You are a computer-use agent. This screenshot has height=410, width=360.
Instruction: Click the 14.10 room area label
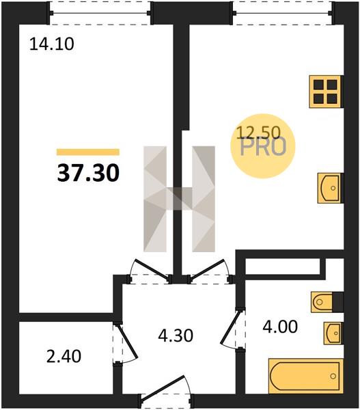tap(52, 44)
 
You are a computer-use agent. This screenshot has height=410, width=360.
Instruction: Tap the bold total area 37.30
tap(88, 174)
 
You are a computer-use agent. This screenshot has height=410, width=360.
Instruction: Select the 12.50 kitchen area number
tap(258, 133)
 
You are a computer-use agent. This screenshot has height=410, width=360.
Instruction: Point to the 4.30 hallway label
tap(176, 336)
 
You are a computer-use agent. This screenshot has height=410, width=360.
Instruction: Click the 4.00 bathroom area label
tap(280, 327)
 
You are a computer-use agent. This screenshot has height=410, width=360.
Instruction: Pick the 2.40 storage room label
tap(64, 357)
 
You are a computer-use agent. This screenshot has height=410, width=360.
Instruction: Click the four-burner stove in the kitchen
tap(325, 92)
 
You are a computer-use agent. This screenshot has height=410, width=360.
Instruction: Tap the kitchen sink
tap(329, 188)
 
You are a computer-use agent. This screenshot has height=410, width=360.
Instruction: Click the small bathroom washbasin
tap(333, 333)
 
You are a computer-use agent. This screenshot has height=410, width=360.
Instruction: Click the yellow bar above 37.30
tap(88, 152)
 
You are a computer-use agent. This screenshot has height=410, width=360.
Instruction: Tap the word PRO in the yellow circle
tap(263, 148)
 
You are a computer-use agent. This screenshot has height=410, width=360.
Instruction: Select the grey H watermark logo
tap(180, 199)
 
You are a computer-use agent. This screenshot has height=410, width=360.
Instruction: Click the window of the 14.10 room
tap(100, 13)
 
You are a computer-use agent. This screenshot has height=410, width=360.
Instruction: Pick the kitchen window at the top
tap(283, 13)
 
